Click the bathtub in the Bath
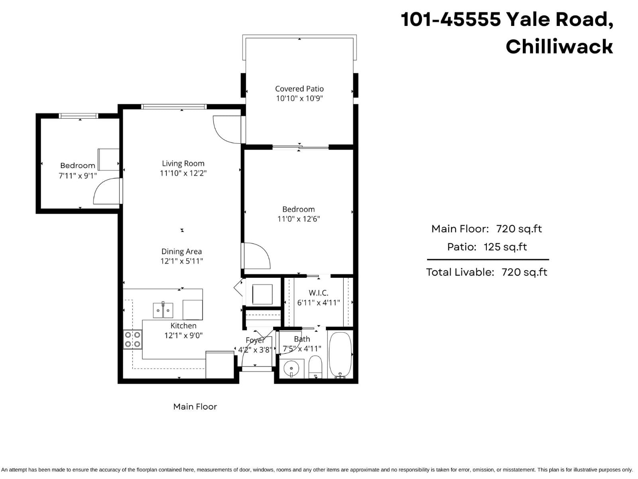tap(340, 354)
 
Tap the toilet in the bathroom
tap(315, 367)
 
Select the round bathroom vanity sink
tap(291, 368)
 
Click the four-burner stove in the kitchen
tap(132, 339)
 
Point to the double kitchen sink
tap(163, 311)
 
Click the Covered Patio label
tap(299, 89)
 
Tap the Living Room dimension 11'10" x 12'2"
tap(183, 173)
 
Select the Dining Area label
tap(181, 251)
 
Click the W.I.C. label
tap(318, 293)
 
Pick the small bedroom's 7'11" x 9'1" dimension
tap(78, 176)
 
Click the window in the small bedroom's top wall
tap(78, 116)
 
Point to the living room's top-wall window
tap(174, 107)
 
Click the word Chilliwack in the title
tap(559, 47)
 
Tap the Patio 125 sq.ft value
tap(505, 247)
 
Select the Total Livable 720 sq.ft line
tap(486, 272)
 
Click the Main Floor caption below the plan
tap(195, 407)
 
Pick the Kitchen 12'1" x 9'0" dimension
tap(183, 336)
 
